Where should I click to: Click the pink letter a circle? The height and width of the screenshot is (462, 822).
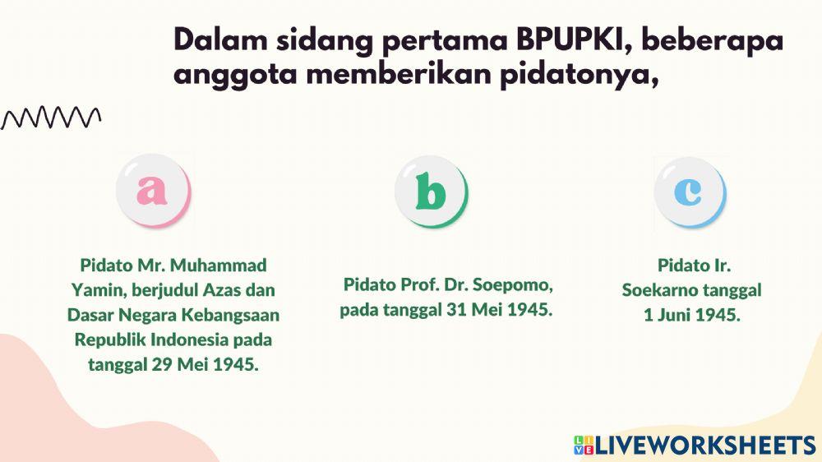(x=153, y=191)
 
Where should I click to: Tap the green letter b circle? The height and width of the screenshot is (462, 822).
(x=431, y=192)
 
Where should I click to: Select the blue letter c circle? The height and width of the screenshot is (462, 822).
(x=689, y=192)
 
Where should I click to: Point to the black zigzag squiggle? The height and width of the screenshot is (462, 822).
(x=51, y=118)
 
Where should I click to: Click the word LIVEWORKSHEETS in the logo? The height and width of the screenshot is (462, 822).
(x=705, y=446)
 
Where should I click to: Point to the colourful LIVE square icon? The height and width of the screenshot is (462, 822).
(x=584, y=446)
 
